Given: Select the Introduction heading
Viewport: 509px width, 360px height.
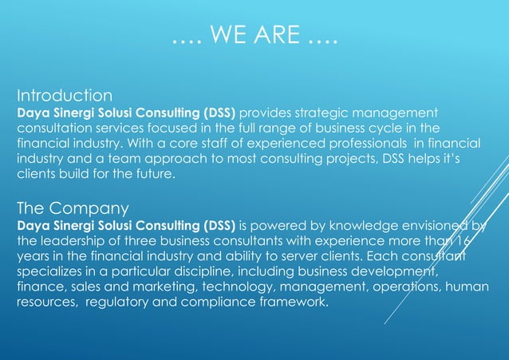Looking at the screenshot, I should [x=65, y=97].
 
